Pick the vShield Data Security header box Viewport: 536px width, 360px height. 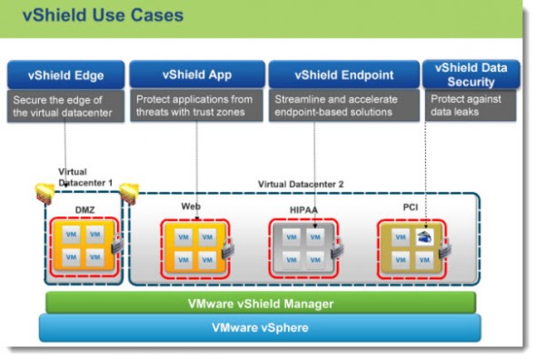[x=471, y=74]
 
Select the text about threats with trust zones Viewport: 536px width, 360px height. [x=194, y=105]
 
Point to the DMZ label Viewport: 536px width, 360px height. [x=84, y=209]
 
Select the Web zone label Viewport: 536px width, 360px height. [x=190, y=206]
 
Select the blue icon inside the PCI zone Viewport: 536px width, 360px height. [x=424, y=236]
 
